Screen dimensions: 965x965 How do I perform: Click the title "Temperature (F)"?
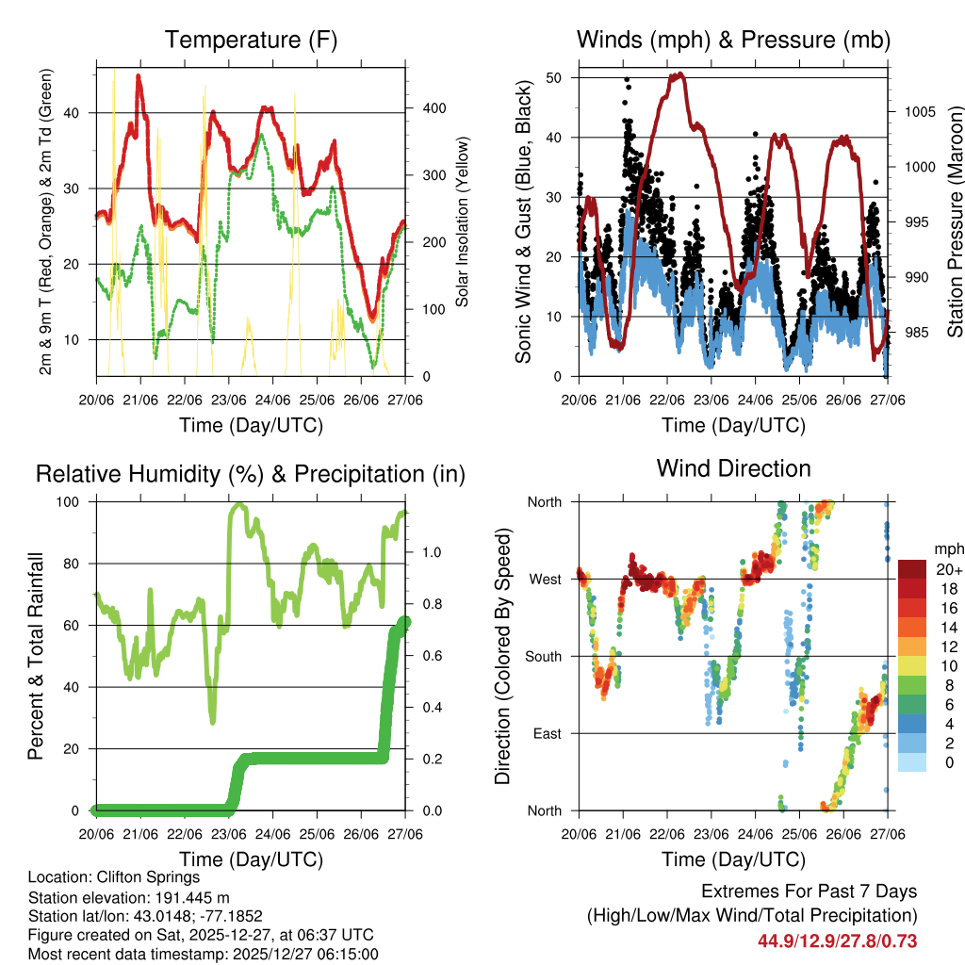click(x=251, y=40)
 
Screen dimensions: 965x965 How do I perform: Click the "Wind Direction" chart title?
click(x=733, y=467)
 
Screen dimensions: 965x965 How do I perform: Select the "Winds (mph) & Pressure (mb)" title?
click(x=733, y=40)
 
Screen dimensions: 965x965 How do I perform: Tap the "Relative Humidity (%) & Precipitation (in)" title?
click(x=251, y=474)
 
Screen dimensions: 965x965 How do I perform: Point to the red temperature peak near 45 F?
click(x=139, y=77)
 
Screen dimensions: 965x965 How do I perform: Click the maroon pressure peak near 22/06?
click(x=677, y=75)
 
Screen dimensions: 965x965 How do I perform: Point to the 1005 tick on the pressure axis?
click(x=918, y=111)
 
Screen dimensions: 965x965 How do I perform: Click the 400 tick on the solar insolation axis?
click(x=433, y=108)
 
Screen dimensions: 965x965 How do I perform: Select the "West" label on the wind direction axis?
click(x=546, y=579)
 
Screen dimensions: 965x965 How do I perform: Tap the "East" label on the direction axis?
click(x=548, y=733)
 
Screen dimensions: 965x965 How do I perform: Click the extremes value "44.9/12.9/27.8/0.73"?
click(x=837, y=940)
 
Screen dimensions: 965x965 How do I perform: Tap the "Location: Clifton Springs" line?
click(x=114, y=876)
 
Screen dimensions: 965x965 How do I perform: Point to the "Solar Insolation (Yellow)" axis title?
click(x=463, y=222)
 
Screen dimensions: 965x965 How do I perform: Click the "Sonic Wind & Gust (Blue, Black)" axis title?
click(x=523, y=222)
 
